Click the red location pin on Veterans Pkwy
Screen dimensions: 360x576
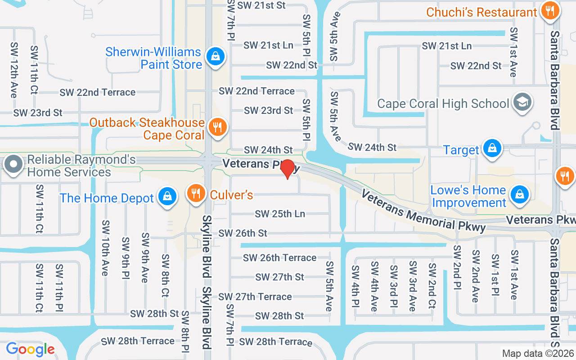coord(288,169)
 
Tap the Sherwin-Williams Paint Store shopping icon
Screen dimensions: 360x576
coord(216,57)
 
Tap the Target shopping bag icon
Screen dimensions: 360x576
coord(492,148)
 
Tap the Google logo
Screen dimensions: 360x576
coord(30,349)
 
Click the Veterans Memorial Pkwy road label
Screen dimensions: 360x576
coord(423,211)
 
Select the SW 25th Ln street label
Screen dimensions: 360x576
coord(280,214)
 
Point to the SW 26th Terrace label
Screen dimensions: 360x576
coord(279,258)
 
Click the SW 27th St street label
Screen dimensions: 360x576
coord(280,277)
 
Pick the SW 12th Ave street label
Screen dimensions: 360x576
coord(14,70)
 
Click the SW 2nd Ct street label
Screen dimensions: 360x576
coord(432,285)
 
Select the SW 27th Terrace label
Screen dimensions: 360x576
coord(255,297)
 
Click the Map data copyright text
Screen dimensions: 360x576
coord(538,353)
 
